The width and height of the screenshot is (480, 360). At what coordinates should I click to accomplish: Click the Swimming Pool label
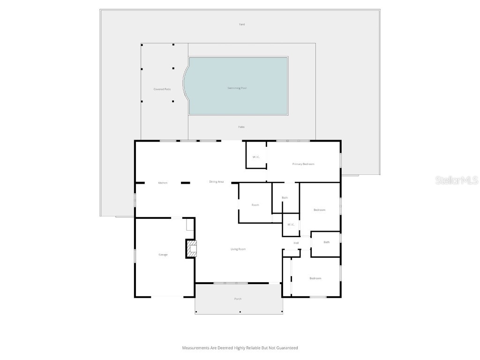[x=237, y=88]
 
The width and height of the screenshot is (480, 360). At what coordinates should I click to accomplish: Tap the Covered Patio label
[x=162, y=89]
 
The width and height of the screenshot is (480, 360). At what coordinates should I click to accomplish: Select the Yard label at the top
[x=242, y=24]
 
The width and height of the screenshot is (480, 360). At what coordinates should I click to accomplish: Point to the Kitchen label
[x=163, y=183]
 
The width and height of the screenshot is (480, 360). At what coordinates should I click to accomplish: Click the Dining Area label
[x=216, y=182]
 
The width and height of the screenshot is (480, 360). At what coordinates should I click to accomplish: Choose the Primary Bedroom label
[x=303, y=164]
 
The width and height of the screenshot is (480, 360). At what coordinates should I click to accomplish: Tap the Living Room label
[x=238, y=249]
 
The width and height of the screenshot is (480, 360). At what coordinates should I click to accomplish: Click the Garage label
[x=163, y=255]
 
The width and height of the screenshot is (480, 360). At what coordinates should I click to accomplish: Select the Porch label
[x=238, y=299]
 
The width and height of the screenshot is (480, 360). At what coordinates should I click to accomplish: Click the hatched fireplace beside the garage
[x=191, y=248]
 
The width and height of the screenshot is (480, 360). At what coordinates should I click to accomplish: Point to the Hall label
[x=296, y=243]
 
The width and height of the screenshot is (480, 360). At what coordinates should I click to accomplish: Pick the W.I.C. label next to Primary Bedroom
[x=256, y=157]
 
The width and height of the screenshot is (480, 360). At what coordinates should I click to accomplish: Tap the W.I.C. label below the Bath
[x=291, y=225]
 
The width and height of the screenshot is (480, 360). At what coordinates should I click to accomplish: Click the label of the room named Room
[x=255, y=205]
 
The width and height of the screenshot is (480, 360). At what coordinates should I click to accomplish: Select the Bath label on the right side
[x=327, y=242]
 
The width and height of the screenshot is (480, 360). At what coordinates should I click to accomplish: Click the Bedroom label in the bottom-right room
[x=315, y=278]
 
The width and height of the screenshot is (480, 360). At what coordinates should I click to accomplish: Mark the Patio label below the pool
[x=241, y=127]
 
